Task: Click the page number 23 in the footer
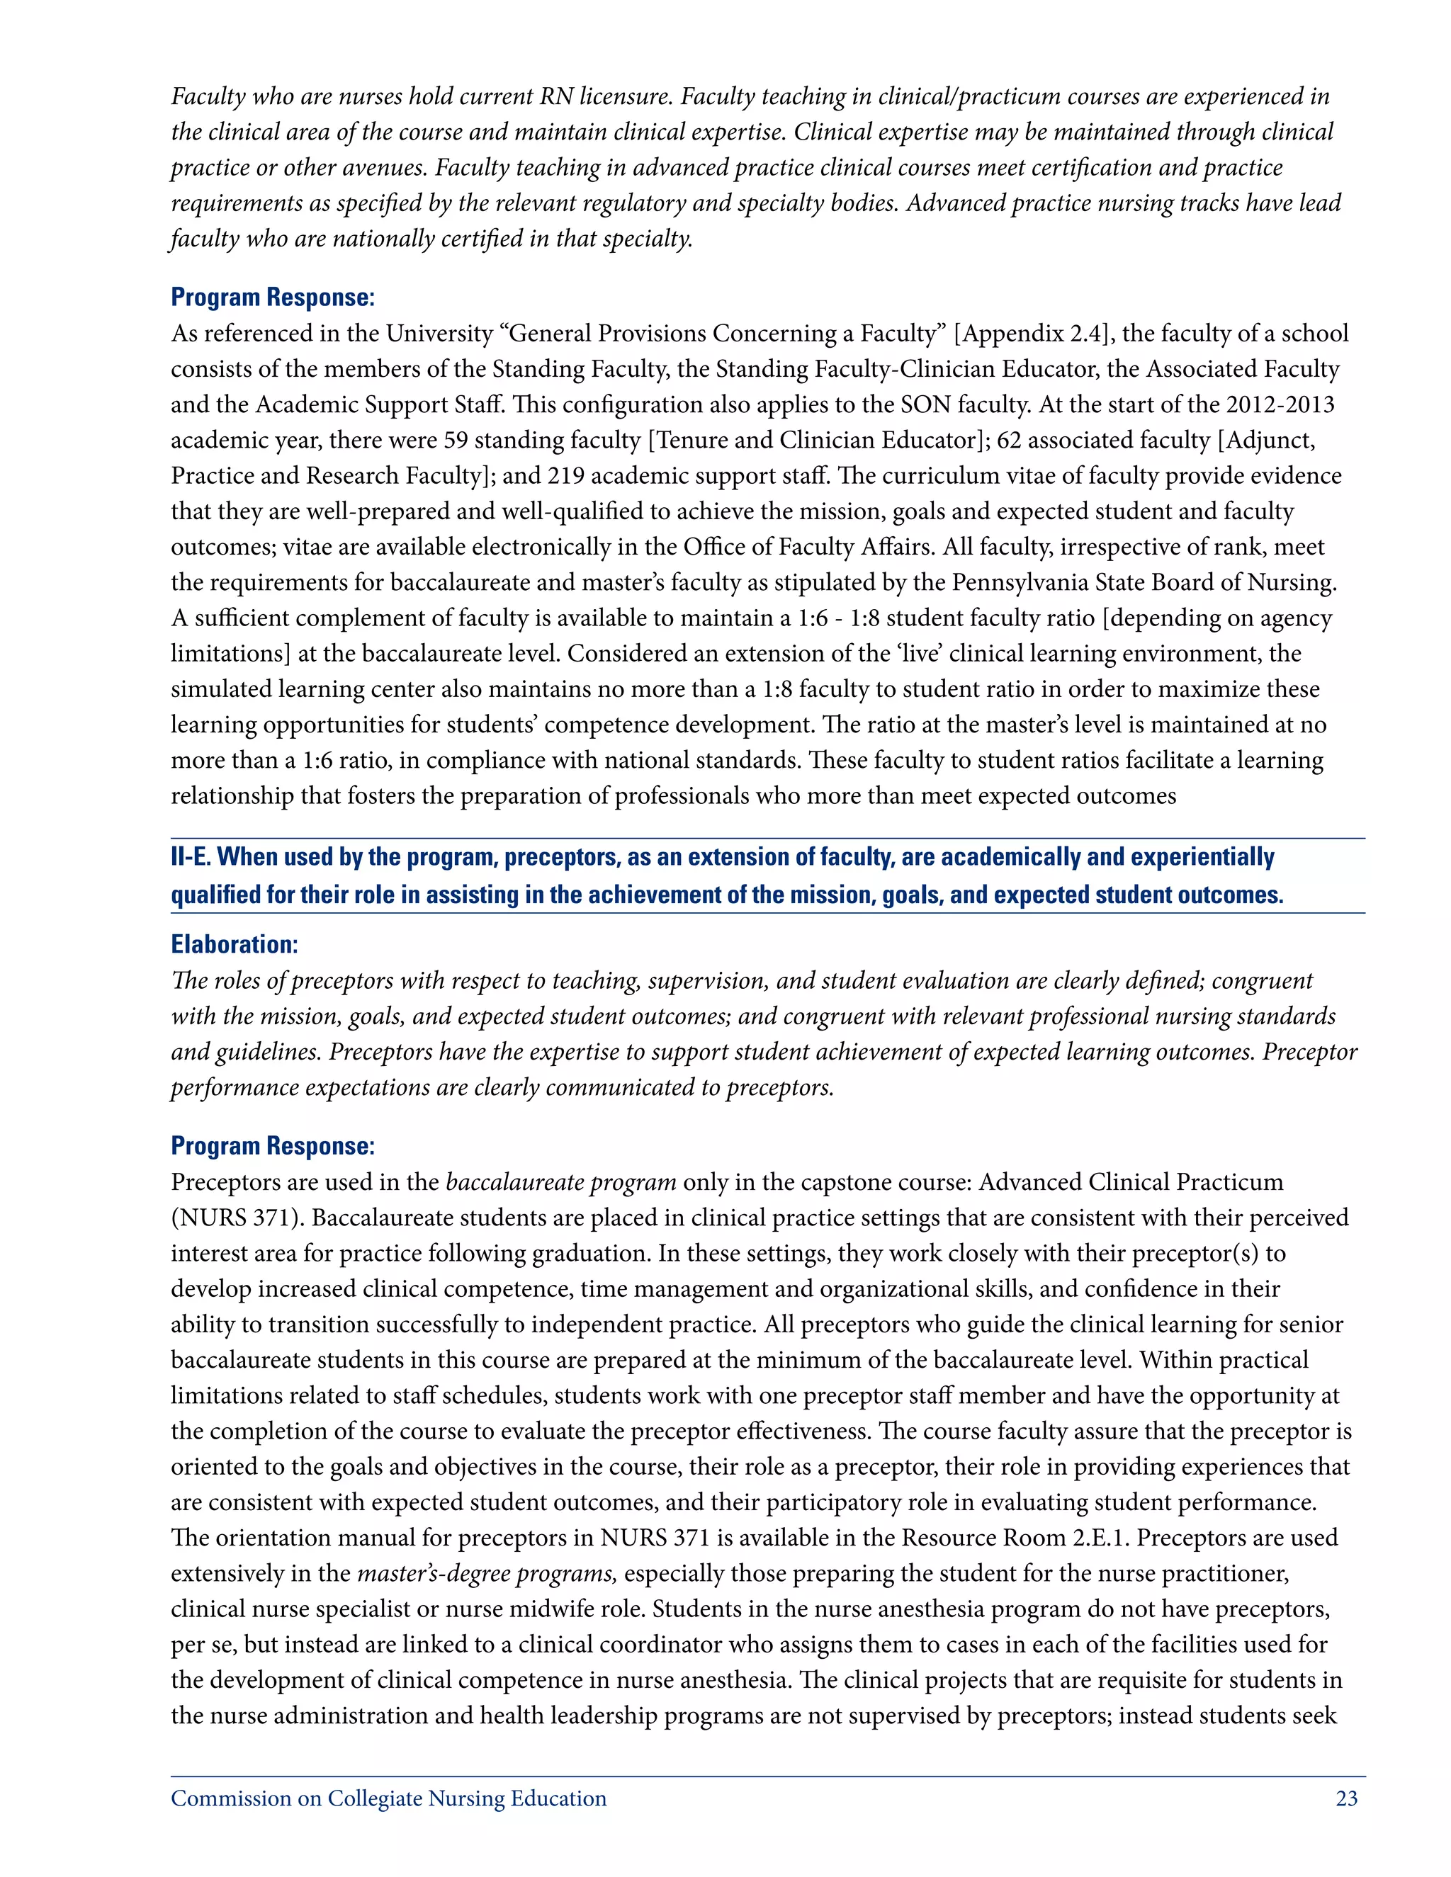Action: pos(1346,1799)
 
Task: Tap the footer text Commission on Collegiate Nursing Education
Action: pos(388,1799)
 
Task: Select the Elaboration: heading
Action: pos(234,943)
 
